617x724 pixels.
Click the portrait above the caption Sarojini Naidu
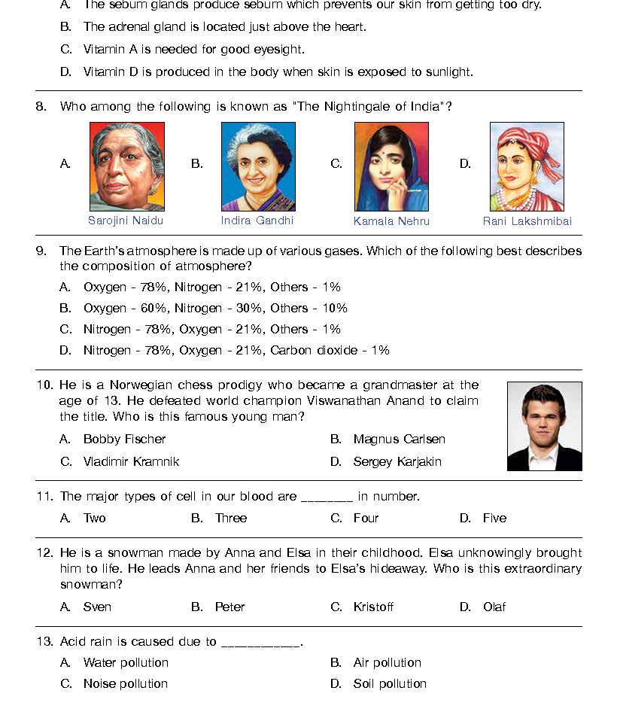pyautogui.click(x=126, y=166)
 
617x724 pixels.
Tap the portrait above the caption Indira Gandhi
pyautogui.click(x=258, y=166)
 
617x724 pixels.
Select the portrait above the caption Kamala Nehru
pyautogui.click(x=391, y=167)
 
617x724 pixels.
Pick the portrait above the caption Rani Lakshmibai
pyautogui.click(x=527, y=166)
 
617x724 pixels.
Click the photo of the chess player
pyautogui.click(x=544, y=426)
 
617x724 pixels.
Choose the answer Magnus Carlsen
pyautogui.click(x=399, y=439)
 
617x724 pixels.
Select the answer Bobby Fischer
pyautogui.click(x=124, y=439)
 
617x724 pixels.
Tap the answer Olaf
pyautogui.click(x=494, y=607)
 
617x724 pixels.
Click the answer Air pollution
pyautogui.click(x=387, y=662)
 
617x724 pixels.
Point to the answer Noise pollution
pyautogui.click(x=125, y=683)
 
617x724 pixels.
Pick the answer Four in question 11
pyautogui.click(x=366, y=518)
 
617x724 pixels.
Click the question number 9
pyautogui.click(x=41, y=251)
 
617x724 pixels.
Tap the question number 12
pyautogui.click(x=45, y=553)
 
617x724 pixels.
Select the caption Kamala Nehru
pyautogui.click(x=391, y=221)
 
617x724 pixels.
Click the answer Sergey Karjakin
pyautogui.click(x=397, y=461)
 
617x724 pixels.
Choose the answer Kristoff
pyautogui.click(x=373, y=607)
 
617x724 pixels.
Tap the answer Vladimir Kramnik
pyautogui.click(x=131, y=461)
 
